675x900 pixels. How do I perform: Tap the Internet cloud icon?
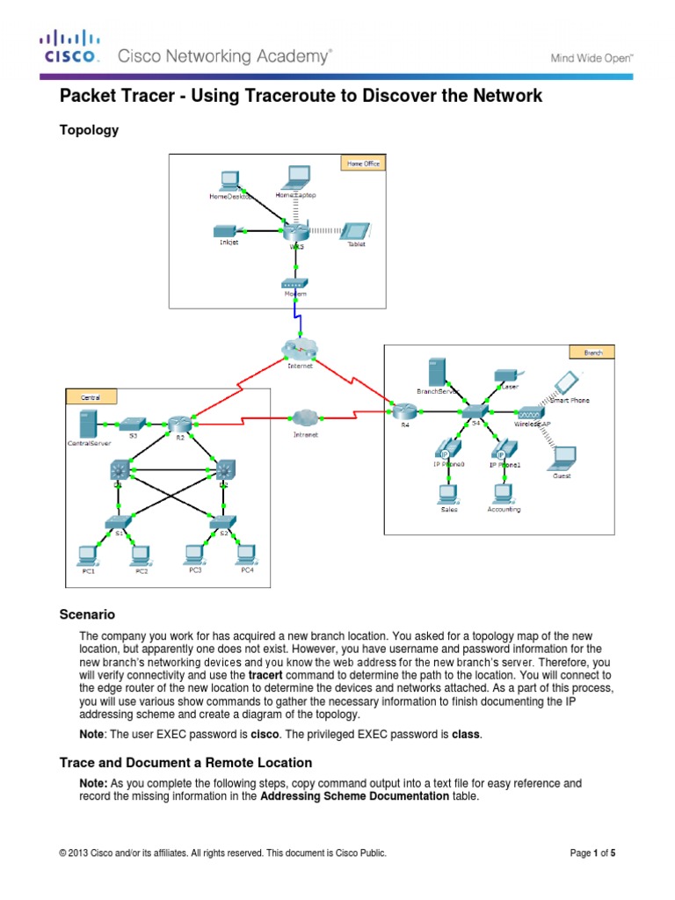click(x=299, y=348)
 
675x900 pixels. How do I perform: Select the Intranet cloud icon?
click(x=304, y=417)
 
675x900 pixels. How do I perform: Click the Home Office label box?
click(x=362, y=163)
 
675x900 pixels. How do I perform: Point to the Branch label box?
click(x=593, y=352)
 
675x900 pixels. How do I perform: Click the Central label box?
click(x=91, y=397)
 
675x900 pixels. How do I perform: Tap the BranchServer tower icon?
click(x=434, y=373)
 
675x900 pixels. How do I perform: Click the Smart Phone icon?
click(x=567, y=382)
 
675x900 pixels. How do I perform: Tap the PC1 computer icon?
click(x=86, y=555)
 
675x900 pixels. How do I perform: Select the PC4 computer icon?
click(x=246, y=554)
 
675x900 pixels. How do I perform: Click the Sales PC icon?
click(x=448, y=493)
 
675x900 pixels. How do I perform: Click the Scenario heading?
click(x=87, y=614)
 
